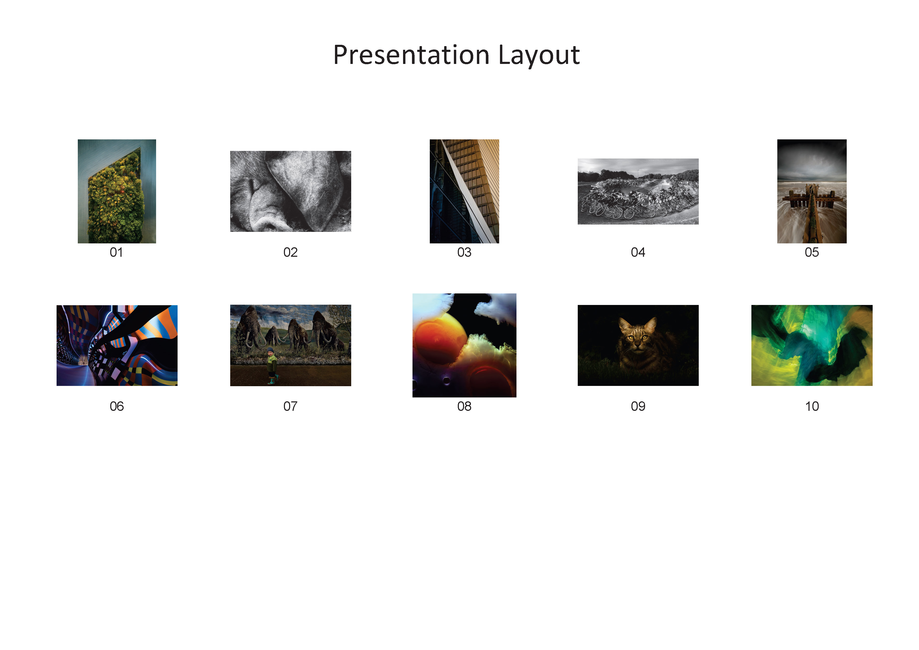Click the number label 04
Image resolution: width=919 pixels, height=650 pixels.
pyautogui.click(x=638, y=252)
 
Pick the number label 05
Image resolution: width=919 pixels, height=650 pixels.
pyautogui.click(x=811, y=252)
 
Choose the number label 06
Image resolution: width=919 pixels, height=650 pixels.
pyautogui.click(x=117, y=407)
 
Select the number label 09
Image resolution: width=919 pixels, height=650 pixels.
pyautogui.click(x=638, y=407)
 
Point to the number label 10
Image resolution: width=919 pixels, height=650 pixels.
pyautogui.click(x=812, y=407)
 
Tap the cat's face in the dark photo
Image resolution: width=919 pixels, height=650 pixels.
pyautogui.click(x=637, y=336)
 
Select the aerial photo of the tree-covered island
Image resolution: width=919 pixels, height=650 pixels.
pyautogui.click(x=117, y=192)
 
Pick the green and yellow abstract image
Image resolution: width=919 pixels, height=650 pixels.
pyautogui.click(x=811, y=345)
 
